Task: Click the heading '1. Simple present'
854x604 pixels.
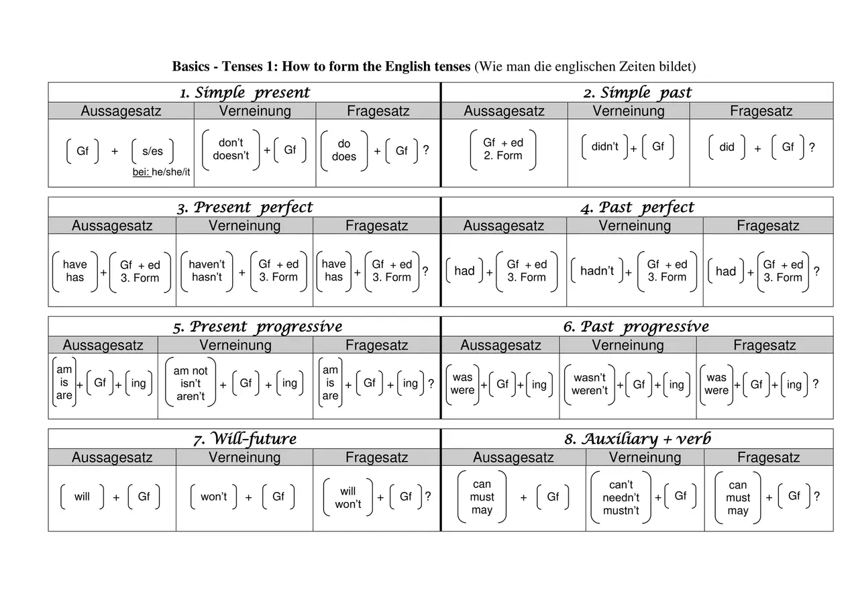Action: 245,93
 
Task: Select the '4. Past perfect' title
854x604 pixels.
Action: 637,208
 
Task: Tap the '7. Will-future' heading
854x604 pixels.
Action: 245,439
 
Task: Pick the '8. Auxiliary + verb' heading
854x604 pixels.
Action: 637,439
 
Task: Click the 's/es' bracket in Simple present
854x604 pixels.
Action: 152,151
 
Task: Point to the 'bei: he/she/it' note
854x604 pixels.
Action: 161,172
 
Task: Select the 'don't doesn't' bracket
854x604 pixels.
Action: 231,150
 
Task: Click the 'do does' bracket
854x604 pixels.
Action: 344,150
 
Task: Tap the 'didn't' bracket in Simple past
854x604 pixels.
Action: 604,146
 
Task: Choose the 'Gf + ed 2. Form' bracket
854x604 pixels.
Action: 503,150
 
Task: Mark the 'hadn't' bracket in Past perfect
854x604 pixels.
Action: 597,270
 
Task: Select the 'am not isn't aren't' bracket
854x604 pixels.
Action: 191,383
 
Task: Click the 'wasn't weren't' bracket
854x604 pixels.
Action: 590,384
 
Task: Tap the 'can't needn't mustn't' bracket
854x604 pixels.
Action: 621,497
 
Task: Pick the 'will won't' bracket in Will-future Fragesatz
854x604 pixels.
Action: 348,497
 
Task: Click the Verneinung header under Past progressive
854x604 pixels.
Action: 627,345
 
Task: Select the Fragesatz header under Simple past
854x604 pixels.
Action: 761,111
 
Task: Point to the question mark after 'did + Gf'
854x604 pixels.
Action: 812,147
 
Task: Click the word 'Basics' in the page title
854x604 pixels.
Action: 191,66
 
